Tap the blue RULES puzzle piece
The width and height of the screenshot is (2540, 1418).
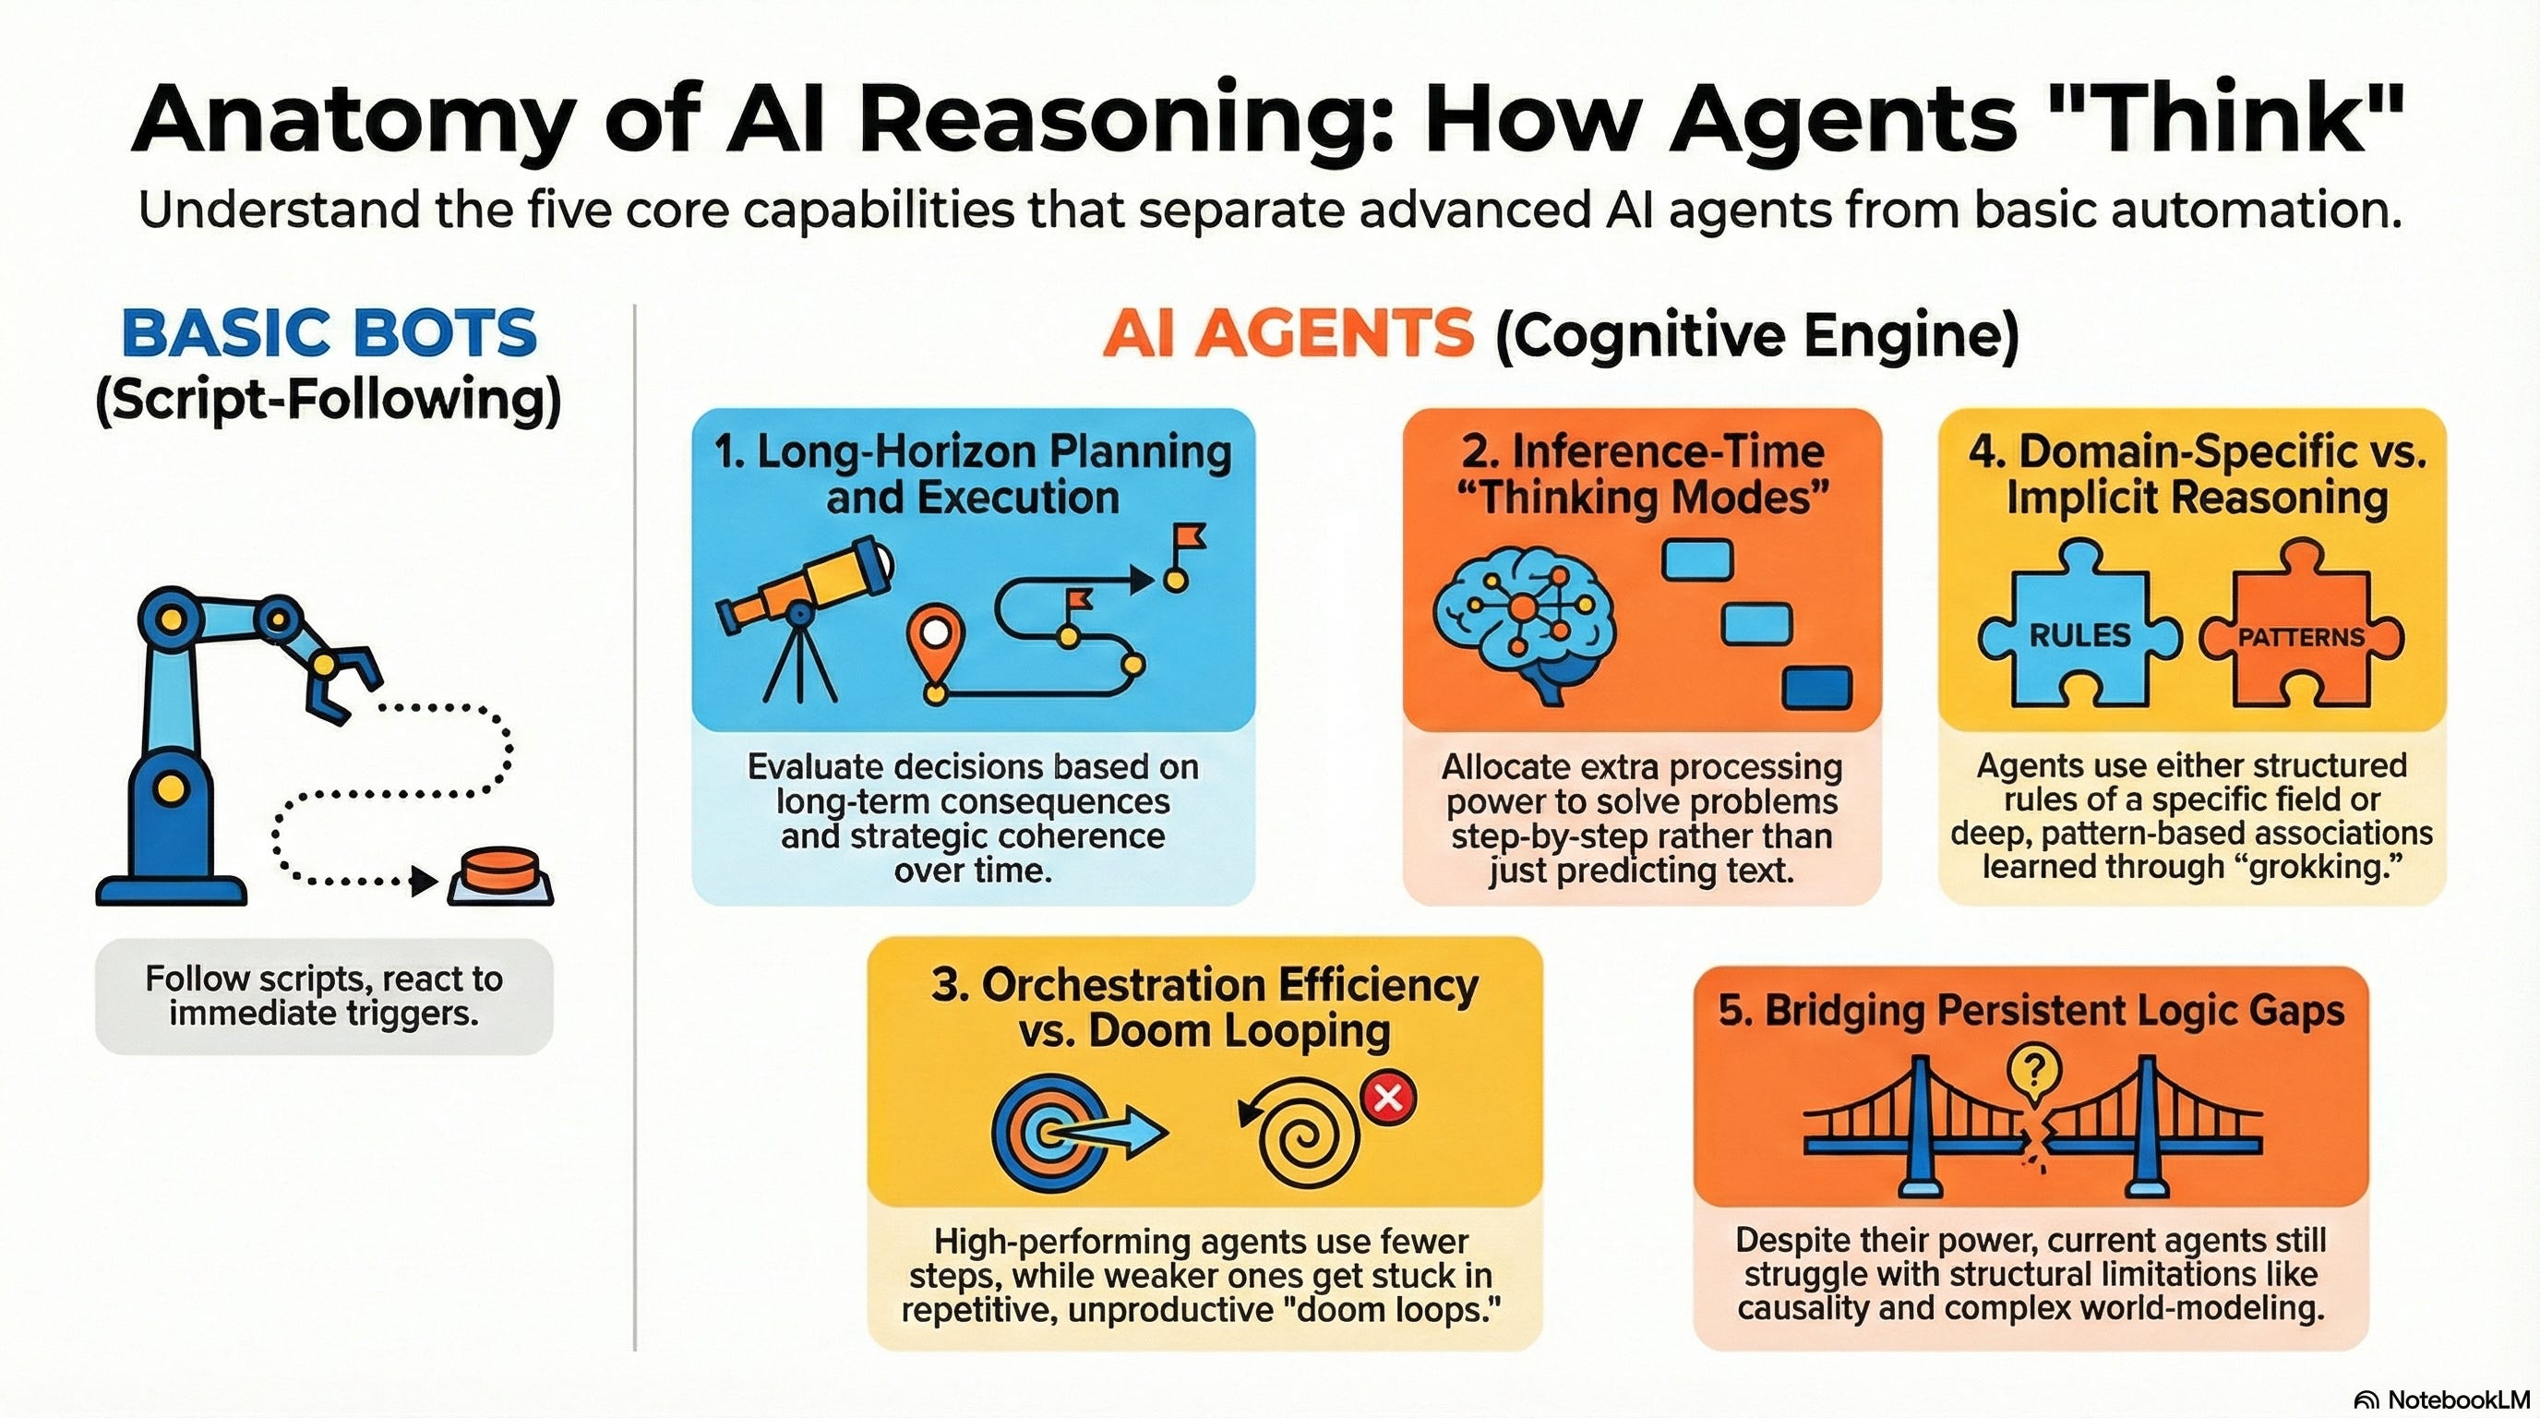(2079, 631)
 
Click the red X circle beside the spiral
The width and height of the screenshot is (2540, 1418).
(1388, 1097)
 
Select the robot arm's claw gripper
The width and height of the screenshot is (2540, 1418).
(341, 680)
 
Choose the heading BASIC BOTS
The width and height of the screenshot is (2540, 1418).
(329, 333)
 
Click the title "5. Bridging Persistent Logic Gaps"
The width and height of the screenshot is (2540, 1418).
(2031, 1012)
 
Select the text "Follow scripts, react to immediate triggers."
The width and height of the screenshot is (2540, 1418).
(324, 996)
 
